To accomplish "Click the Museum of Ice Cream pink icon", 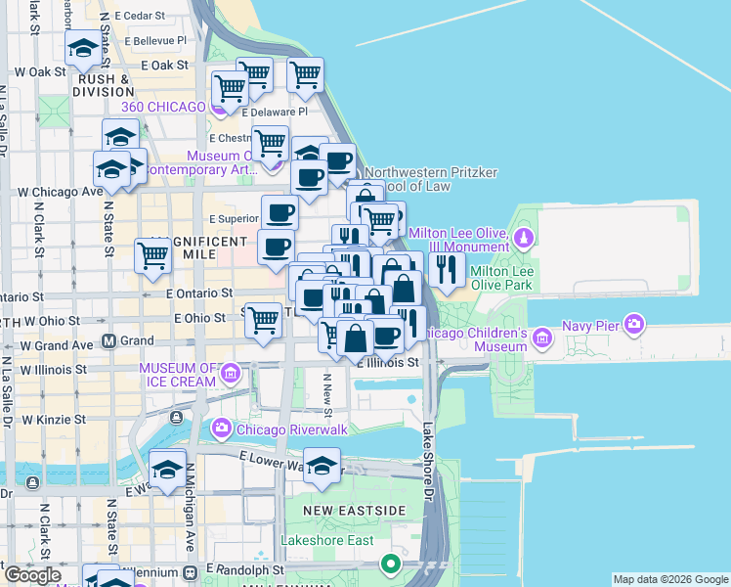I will (x=231, y=373).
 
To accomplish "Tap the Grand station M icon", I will (x=109, y=341).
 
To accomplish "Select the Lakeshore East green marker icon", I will (x=391, y=564).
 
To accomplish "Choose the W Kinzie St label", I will (x=52, y=419).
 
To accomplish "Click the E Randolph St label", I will (x=244, y=568).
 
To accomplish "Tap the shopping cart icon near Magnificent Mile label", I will (x=153, y=255).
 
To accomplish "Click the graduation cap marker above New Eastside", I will (x=322, y=467).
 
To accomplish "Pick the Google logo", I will (x=32, y=575).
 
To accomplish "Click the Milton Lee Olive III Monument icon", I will (x=525, y=237).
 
